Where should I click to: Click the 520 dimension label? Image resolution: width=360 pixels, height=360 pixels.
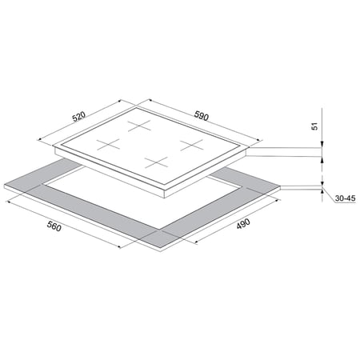coord(79,117)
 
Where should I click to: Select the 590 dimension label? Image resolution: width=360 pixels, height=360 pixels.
coord(201,116)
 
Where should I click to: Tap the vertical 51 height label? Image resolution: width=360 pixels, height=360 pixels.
coord(315,126)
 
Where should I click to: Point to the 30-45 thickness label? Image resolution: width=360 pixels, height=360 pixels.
coord(346,198)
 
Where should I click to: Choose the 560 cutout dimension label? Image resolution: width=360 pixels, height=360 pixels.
coord(54,226)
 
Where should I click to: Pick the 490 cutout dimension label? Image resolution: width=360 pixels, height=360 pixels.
coord(243,224)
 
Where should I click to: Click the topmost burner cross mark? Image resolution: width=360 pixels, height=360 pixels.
coord(139,126)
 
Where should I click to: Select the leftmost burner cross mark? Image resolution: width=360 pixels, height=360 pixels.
coord(108,144)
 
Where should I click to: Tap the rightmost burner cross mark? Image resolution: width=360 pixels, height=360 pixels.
coord(191,145)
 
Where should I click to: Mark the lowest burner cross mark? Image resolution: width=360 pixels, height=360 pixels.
coord(157,162)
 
